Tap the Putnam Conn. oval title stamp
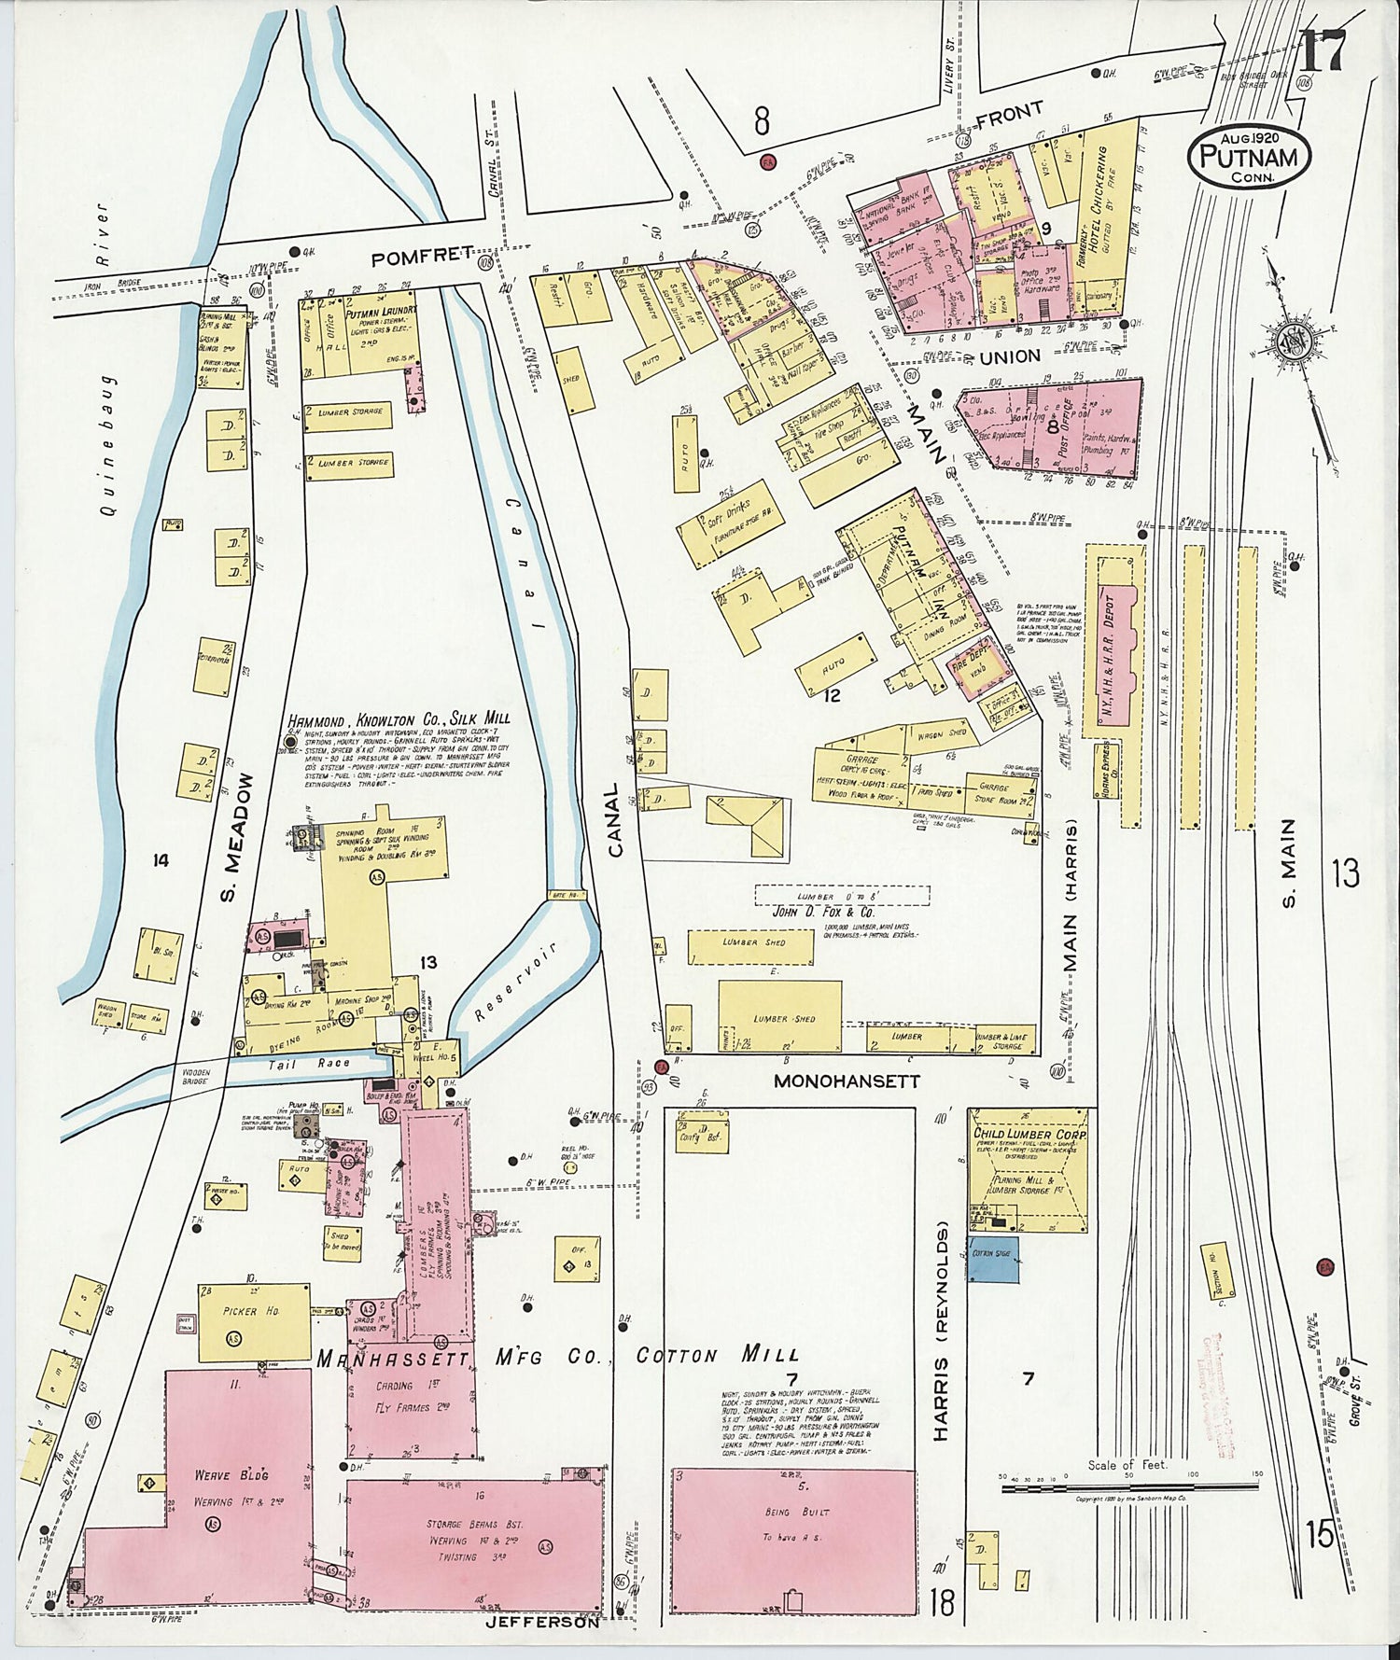[x=1250, y=157]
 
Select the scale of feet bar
[x=1129, y=1487]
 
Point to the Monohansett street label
[x=847, y=1081]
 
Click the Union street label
[x=1010, y=356]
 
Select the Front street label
[x=1010, y=114]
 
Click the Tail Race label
[x=322, y=1063]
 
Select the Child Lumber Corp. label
[x=1029, y=1135]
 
